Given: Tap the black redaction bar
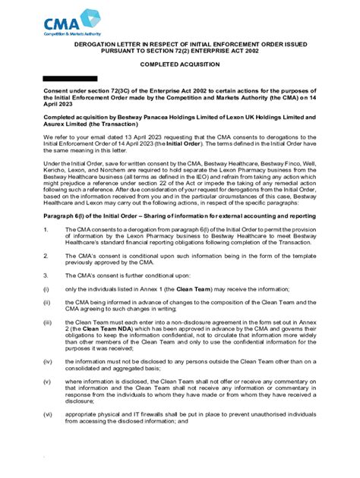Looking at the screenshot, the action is click(x=70, y=79).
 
